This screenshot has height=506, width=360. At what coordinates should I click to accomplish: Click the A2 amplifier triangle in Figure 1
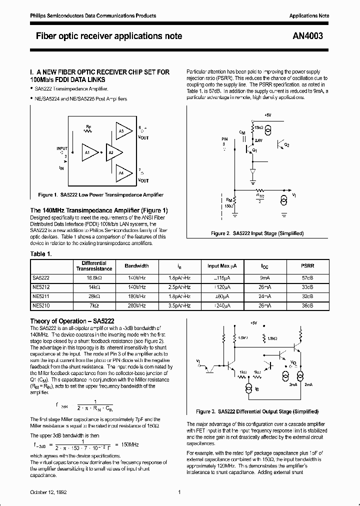tap(110, 152)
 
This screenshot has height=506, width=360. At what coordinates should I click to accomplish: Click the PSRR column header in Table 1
tap(307, 266)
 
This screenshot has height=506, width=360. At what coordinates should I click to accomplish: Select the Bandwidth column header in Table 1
tap(136, 266)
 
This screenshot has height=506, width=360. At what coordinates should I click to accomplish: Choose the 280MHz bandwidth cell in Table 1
tap(136, 304)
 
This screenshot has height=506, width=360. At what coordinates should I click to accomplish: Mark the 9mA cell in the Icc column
tap(264, 277)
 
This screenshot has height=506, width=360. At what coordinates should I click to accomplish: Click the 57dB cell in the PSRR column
tap(307, 277)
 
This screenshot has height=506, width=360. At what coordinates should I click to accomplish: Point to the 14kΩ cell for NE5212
tap(94, 286)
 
